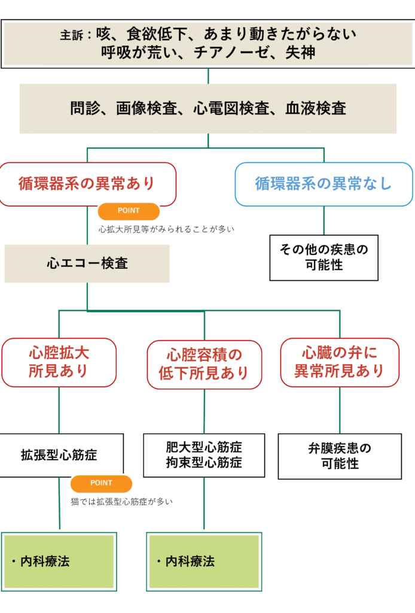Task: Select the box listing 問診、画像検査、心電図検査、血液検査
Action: (208, 108)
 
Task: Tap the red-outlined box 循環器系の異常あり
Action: (87, 184)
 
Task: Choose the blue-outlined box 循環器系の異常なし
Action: (324, 184)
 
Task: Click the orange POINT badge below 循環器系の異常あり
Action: (128, 211)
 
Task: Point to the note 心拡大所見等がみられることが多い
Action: (166, 229)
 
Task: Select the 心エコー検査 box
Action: (87, 263)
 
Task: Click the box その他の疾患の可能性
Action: (324, 257)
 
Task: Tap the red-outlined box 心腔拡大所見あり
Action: (59, 362)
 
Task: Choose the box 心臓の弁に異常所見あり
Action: (339, 362)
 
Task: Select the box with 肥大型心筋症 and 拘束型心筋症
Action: (204, 455)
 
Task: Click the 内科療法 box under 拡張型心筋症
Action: (59, 561)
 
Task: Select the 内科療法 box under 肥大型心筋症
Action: (204, 561)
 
